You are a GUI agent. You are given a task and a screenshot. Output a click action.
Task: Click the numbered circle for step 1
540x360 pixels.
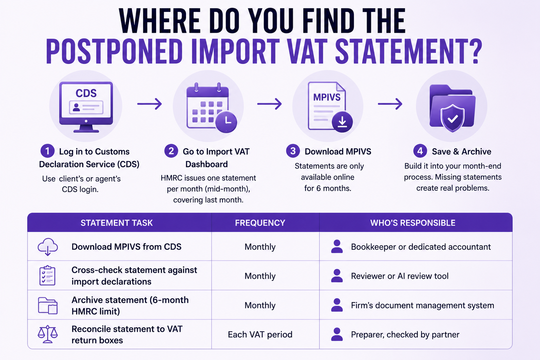click(47, 151)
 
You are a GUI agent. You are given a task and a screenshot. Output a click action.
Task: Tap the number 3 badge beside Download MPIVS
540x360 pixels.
click(293, 151)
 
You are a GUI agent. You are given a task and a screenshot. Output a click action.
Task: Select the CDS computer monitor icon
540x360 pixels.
click(86, 107)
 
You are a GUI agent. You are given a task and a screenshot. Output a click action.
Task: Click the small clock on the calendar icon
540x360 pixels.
click(226, 122)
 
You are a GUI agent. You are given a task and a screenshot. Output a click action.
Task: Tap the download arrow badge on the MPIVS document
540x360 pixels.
click(342, 122)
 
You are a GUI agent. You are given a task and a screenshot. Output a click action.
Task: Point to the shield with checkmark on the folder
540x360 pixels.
click(452, 118)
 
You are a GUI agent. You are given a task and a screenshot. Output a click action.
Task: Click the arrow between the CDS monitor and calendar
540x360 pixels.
click(149, 104)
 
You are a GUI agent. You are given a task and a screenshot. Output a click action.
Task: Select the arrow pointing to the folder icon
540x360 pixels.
click(390, 104)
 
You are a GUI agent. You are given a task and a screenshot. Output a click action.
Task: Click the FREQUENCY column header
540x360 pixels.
click(260, 223)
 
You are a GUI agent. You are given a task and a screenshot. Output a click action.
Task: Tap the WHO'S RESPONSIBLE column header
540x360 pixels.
click(413, 223)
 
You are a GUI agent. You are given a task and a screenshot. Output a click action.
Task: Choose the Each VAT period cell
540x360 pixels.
click(260, 334)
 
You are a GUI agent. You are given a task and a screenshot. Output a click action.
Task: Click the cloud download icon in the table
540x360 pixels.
click(48, 247)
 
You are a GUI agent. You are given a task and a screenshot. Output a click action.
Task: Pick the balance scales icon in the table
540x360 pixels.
click(48, 334)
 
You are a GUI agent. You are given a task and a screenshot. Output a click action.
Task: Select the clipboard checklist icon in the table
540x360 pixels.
click(47, 275)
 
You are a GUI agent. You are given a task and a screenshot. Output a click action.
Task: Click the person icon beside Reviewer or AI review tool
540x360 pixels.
click(337, 276)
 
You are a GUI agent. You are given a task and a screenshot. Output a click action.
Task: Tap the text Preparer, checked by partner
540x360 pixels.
click(405, 334)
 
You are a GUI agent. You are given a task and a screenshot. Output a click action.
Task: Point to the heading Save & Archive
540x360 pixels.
click(461, 152)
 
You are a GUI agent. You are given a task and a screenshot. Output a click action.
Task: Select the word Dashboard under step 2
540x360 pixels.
click(206, 164)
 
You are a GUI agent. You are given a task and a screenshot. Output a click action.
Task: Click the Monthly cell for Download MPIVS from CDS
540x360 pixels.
click(260, 247)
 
